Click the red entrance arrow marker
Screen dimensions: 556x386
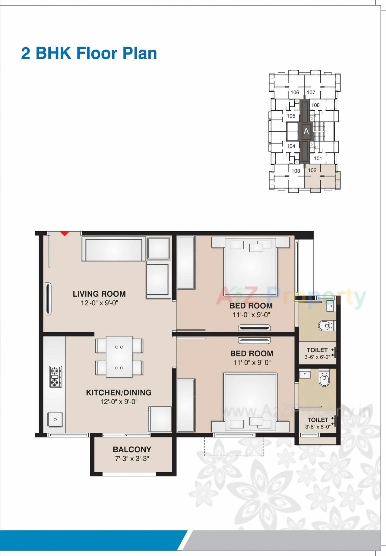(x=64, y=233)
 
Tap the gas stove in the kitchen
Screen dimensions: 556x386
(x=55, y=377)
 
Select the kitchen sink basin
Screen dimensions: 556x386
(x=55, y=419)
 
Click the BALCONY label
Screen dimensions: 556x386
(x=132, y=450)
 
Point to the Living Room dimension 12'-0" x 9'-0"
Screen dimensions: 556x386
(x=99, y=303)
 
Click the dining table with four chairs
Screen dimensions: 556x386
(x=119, y=357)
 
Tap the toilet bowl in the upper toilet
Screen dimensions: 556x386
(x=324, y=326)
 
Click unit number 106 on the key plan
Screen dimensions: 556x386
(x=295, y=93)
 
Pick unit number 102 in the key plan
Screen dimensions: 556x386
(x=312, y=170)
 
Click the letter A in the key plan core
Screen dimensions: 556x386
(x=306, y=131)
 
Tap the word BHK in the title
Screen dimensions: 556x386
(x=53, y=53)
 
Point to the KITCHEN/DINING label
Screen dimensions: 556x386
(x=119, y=393)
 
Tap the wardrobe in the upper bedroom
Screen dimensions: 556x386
(x=185, y=263)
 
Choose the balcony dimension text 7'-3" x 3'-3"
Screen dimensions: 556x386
(x=132, y=459)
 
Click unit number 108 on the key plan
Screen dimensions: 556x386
(x=315, y=105)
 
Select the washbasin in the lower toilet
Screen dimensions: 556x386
(x=305, y=375)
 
